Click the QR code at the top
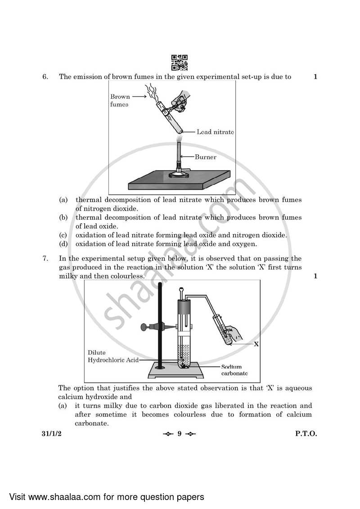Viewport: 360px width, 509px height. [180, 63]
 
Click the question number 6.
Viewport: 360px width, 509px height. [45, 77]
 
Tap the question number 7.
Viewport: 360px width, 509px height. [45, 259]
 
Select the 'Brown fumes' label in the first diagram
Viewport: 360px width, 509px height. [120, 100]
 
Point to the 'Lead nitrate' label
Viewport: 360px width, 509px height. [215, 132]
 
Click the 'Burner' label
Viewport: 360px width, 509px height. [206, 157]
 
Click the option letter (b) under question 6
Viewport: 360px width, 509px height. [63, 218]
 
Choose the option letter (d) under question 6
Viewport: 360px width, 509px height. [63, 244]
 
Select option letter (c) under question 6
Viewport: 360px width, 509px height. [63, 235]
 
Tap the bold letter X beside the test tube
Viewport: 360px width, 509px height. [256, 344]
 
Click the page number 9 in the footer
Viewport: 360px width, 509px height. [179, 434]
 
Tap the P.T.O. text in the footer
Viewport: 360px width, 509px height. [306, 434]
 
